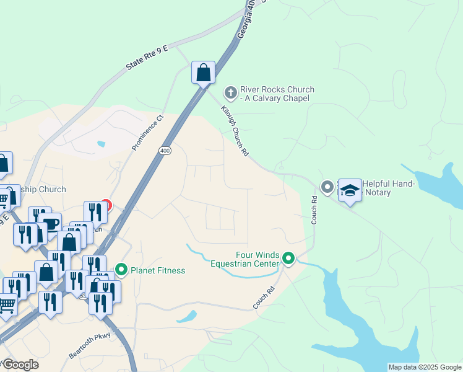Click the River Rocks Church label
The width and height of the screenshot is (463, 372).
(277, 94)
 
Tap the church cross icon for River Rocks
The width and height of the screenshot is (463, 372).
(230, 94)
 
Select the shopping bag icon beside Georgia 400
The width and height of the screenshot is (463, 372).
(203, 73)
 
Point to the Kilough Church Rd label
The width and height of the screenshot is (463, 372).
(235, 131)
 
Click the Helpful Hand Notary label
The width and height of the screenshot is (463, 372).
(385, 188)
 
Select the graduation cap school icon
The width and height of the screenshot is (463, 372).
(350, 190)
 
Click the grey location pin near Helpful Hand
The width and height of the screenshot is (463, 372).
(327, 187)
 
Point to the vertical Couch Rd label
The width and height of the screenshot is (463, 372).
(314, 210)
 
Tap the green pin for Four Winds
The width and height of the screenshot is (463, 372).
(288, 258)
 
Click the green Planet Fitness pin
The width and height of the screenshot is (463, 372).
(121, 270)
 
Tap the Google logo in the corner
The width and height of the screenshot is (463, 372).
(20, 365)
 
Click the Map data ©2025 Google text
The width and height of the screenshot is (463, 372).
(425, 367)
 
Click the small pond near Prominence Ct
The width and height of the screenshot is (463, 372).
(101, 144)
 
